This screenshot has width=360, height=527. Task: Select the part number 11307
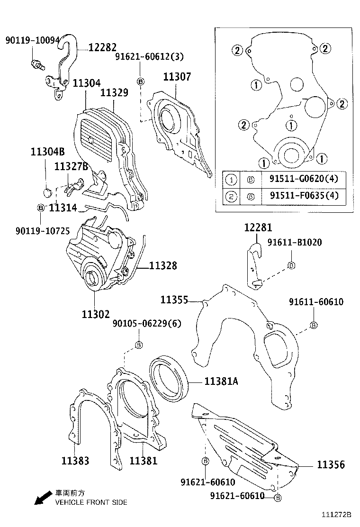[x=178, y=77]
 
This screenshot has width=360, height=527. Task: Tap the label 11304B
[x=47, y=152]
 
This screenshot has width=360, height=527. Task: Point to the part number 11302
[x=96, y=314]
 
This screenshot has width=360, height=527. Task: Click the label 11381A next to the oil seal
[x=221, y=381]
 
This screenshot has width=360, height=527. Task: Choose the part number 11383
[x=75, y=460]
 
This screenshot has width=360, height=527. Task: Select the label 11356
[x=331, y=465]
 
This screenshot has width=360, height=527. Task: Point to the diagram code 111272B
[x=337, y=514]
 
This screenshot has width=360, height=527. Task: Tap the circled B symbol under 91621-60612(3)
[x=140, y=82]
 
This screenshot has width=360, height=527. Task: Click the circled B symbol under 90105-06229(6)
[x=139, y=345]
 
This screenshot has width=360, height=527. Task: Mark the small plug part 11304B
[x=46, y=192]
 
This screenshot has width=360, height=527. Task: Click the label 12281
[x=258, y=228]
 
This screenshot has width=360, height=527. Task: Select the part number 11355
[x=174, y=300]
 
